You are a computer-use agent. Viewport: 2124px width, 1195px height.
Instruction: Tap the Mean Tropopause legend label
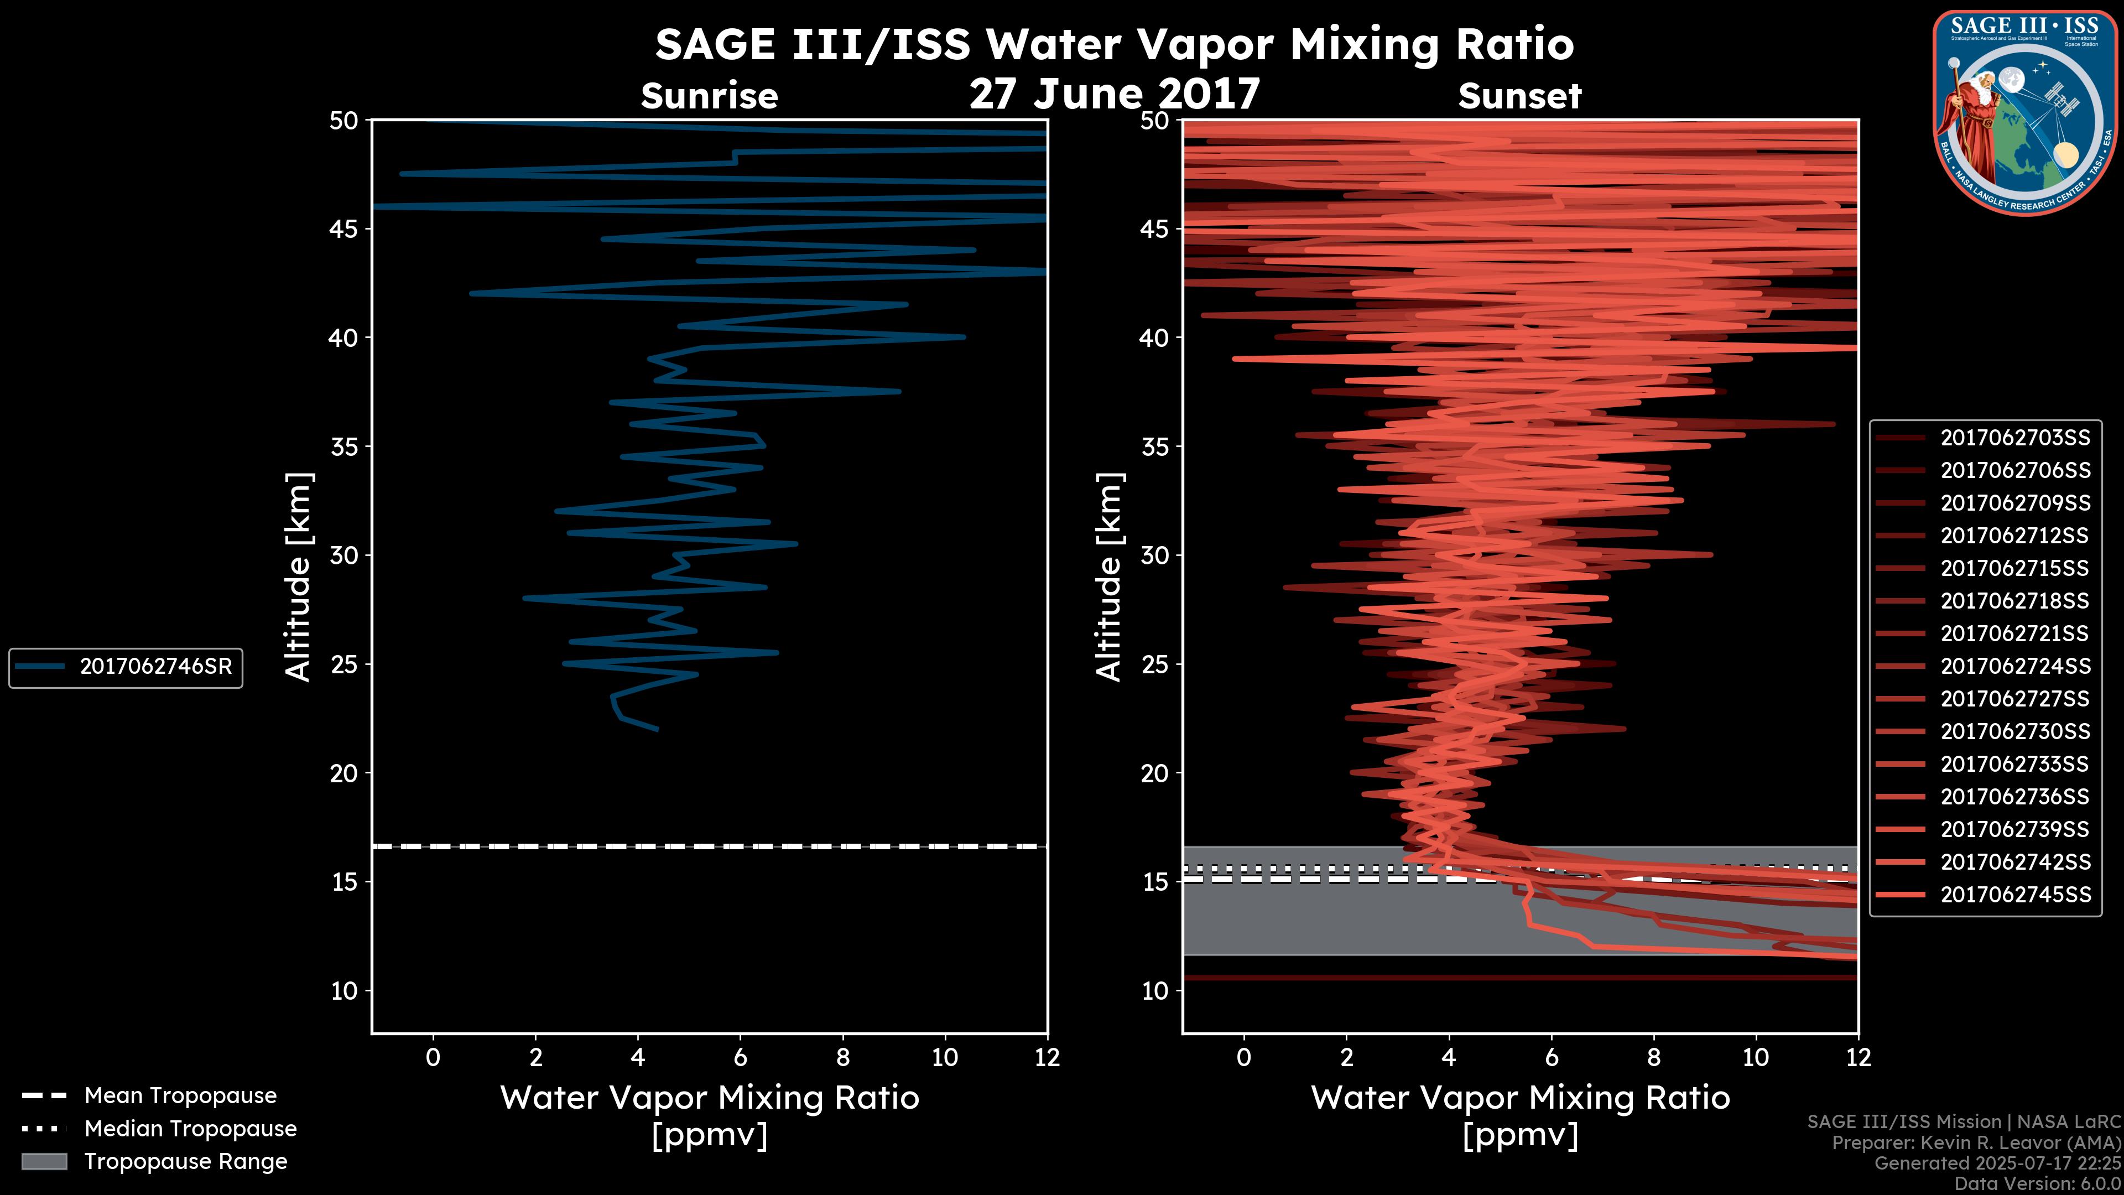(x=180, y=1095)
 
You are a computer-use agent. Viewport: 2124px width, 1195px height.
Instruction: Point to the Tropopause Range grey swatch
(x=44, y=1161)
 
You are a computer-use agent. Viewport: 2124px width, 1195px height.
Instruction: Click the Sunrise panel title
(x=709, y=96)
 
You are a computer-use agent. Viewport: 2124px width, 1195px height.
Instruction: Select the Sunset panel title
(x=1519, y=96)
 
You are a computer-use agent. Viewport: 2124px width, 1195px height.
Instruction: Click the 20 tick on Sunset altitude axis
(x=1155, y=773)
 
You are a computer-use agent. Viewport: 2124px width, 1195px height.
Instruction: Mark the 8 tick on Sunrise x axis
(x=842, y=1057)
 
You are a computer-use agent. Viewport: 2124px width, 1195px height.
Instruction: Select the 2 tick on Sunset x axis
(x=1346, y=1057)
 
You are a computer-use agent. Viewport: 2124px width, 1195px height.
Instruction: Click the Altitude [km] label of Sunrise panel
(x=298, y=576)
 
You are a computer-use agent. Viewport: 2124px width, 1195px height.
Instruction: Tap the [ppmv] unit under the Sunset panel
(x=1519, y=1135)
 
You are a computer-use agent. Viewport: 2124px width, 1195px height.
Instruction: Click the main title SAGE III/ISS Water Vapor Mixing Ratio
(x=1114, y=44)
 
